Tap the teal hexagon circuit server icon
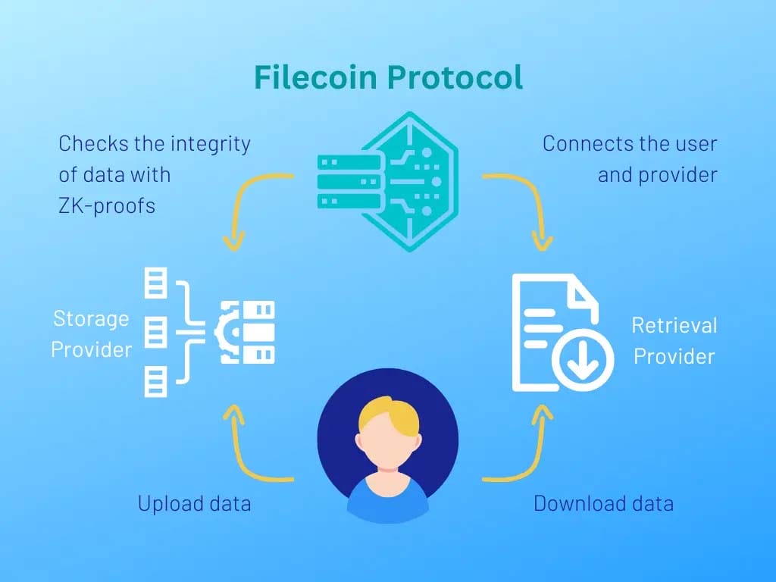tap(388, 182)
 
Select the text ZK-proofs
tap(107, 205)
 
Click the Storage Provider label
tap(91, 334)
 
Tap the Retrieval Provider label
tap(674, 341)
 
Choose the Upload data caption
tap(194, 503)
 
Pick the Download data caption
tap(603, 503)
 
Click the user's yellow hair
tap(388, 414)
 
